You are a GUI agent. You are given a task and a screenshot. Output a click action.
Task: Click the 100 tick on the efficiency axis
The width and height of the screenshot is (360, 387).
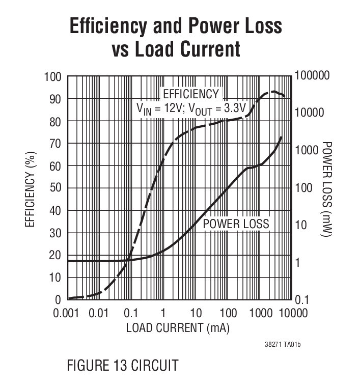click(53, 76)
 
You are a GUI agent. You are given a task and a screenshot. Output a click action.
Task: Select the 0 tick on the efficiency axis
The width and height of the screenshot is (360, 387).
click(58, 299)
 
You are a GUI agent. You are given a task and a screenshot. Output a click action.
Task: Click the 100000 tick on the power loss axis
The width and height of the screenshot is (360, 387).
click(312, 76)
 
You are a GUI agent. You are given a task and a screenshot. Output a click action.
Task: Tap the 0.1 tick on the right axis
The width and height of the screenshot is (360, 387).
click(301, 300)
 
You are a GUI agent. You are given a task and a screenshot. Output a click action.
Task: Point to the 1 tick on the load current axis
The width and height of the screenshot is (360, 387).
click(163, 313)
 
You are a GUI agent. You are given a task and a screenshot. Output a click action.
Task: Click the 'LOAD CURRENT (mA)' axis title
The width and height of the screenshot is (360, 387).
click(178, 328)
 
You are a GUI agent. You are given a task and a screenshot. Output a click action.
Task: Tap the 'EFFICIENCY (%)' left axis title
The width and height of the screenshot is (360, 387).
click(31, 188)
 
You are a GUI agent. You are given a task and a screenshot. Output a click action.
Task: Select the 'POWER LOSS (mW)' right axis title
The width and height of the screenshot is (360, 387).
click(327, 188)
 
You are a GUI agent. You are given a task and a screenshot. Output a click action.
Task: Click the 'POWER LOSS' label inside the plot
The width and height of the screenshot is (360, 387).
click(236, 224)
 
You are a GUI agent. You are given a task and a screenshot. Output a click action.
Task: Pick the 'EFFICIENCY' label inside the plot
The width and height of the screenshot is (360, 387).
click(190, 94)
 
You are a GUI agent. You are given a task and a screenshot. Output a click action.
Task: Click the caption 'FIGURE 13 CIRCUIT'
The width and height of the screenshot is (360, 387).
click(122, 365)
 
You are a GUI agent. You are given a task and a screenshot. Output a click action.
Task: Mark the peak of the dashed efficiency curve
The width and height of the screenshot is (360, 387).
click(274, 92)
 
